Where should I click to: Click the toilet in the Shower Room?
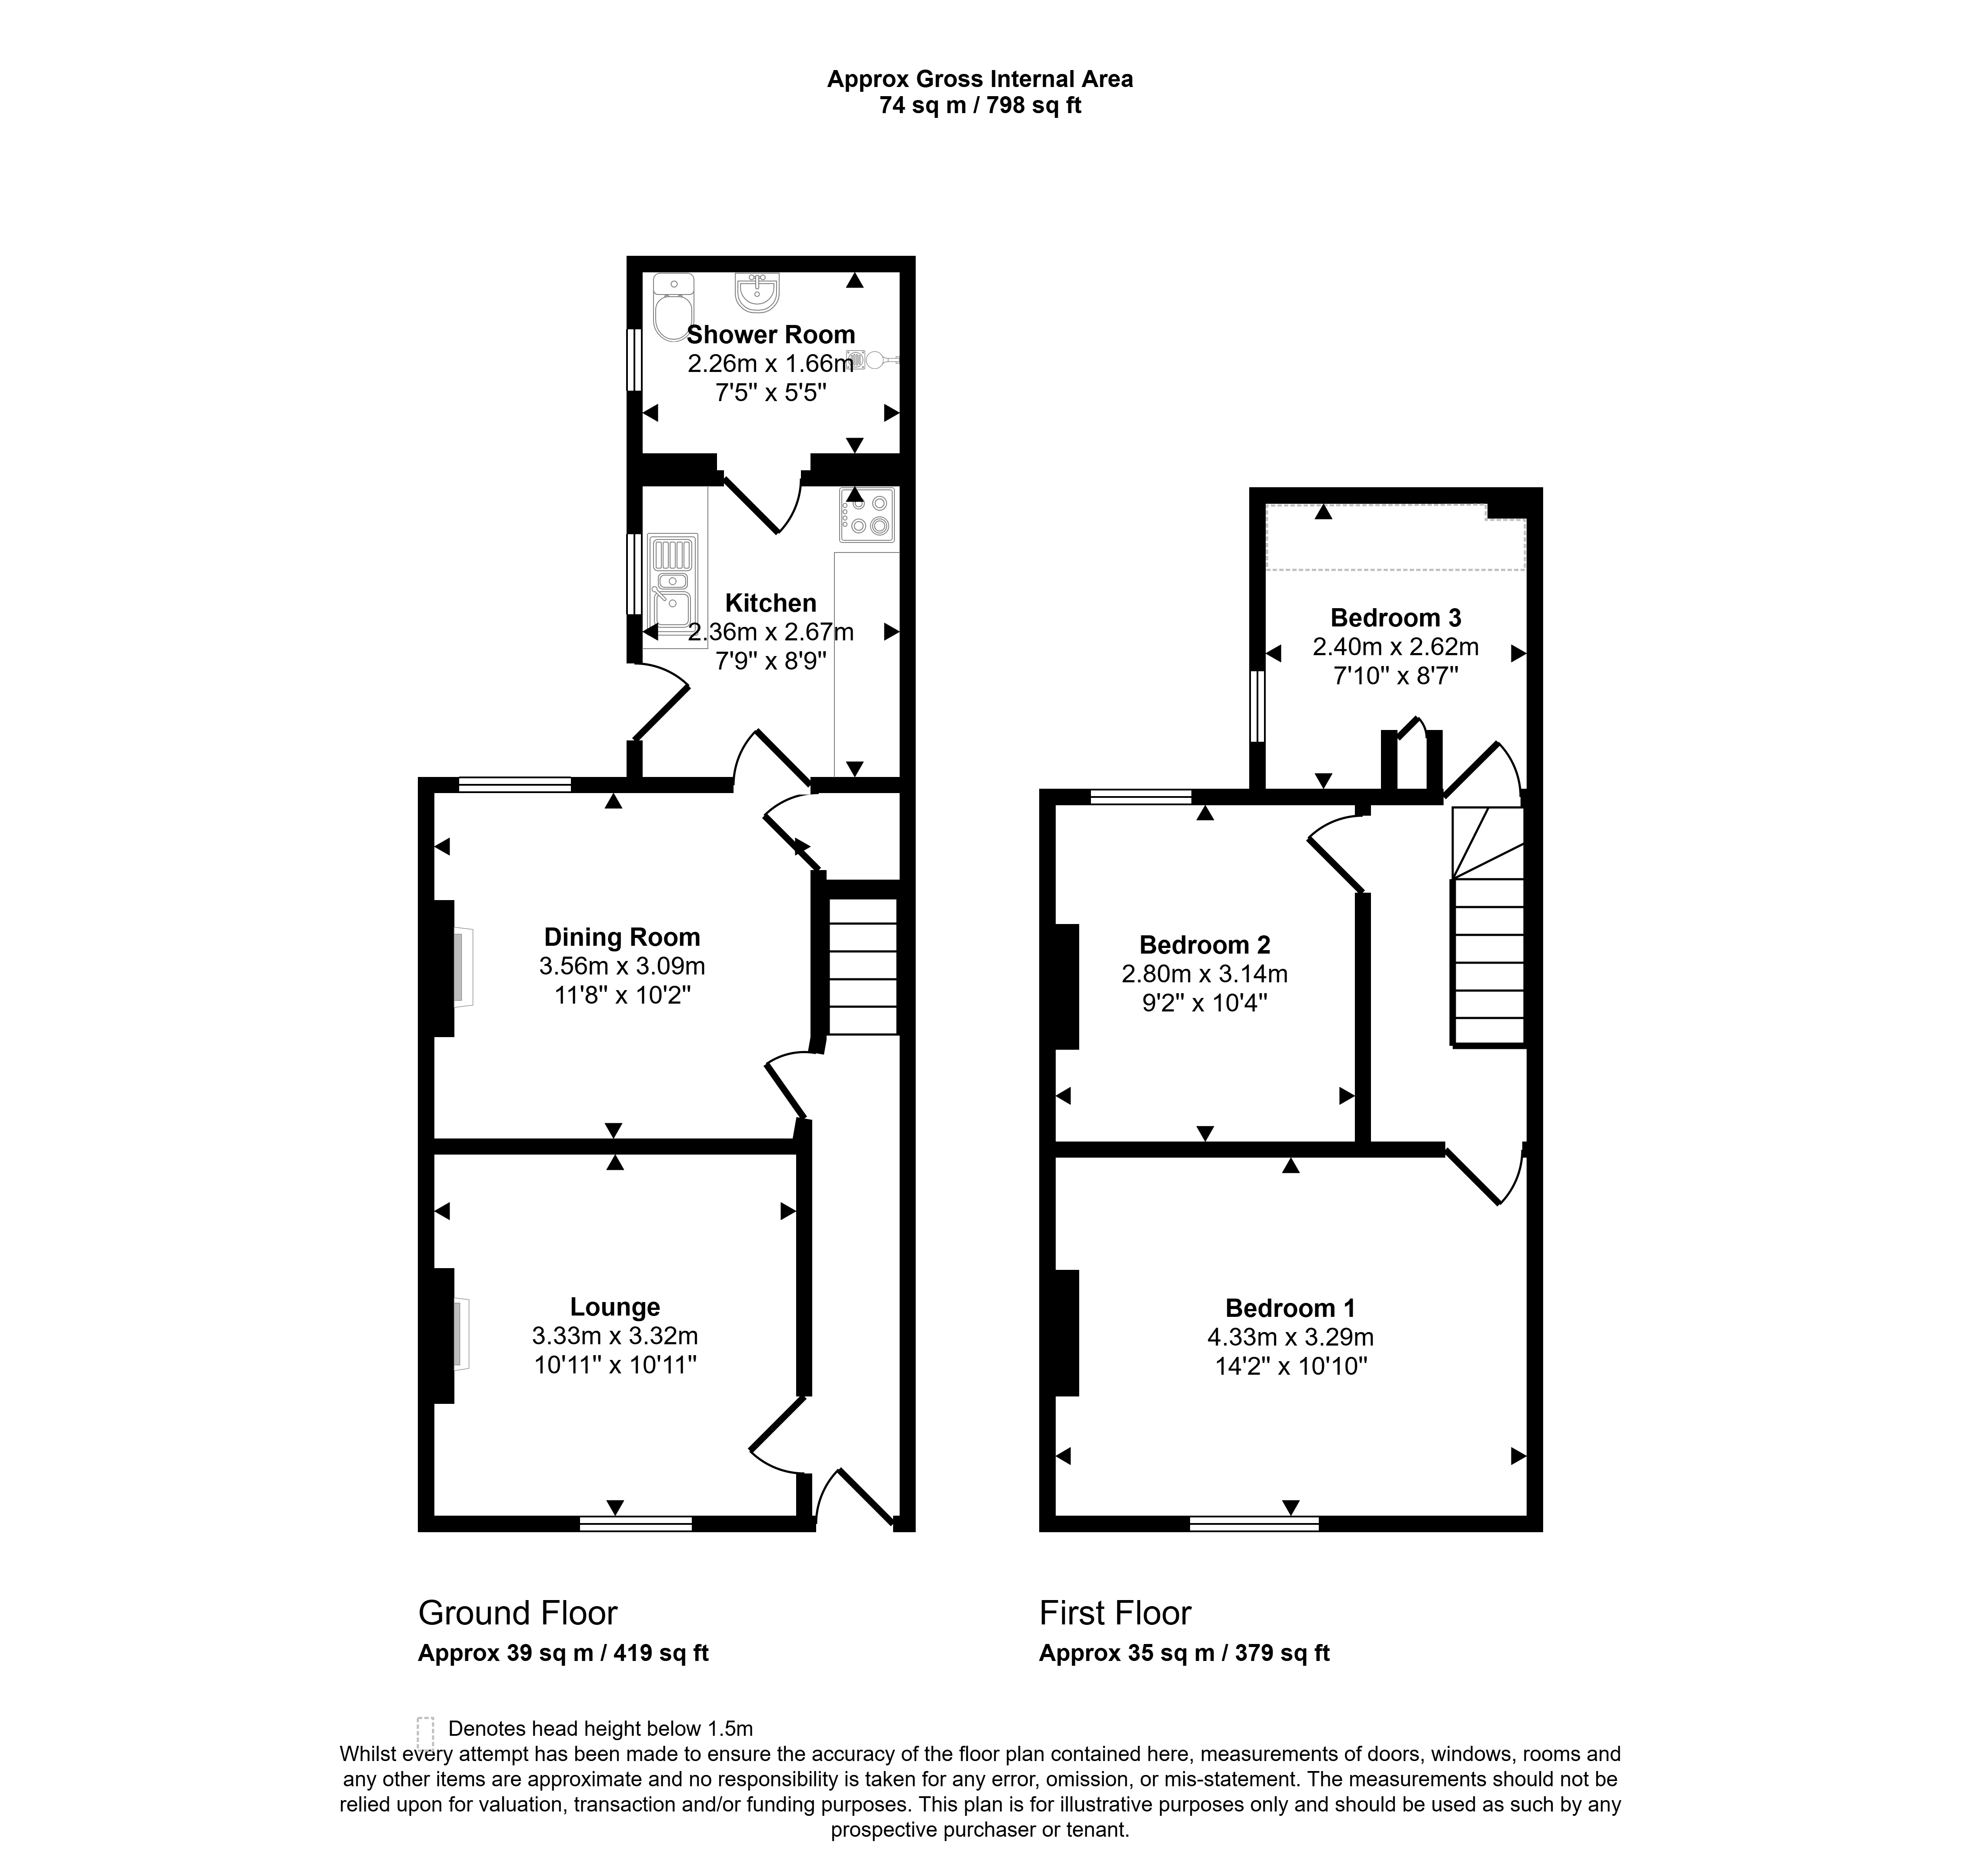pyautogui.click(x=672, y=308)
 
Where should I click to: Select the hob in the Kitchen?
pyautogui.click(x=866, y=515)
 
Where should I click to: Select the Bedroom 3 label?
pyautogui.click(x=1396, y=618)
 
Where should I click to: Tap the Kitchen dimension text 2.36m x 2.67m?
pyautogui.click(x=770, y=632)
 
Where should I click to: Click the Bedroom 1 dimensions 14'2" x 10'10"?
pyautogui.click(x=1291, y=1365)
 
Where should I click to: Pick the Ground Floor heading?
pyautogui.click(x=517, y=1612)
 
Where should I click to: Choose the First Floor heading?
pyautogui.click(x=1115, y=1612)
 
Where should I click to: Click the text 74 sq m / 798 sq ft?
pyautogui.click(x=980, y=105)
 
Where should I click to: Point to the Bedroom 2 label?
pyautogui.click(x=1205, y=944)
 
